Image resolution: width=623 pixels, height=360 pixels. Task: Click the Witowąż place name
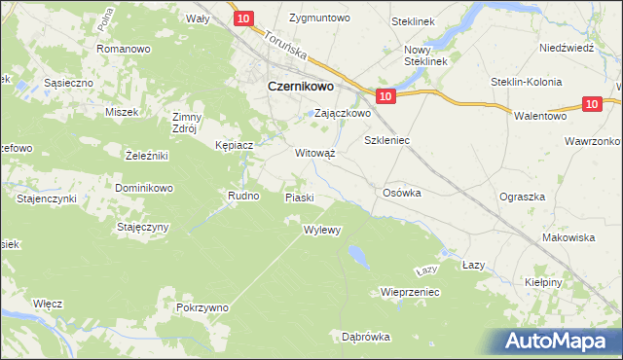click(x=315, y=154)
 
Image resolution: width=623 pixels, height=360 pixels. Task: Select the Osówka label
click(x=403, y=193)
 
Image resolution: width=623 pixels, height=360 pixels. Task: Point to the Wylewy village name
click(x=322, y=231)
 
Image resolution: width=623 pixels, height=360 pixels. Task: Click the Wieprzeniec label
click(x=411, y=291)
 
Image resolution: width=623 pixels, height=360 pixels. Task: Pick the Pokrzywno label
click(x=202, y=307)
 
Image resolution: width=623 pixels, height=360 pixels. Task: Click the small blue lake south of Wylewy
click(x=357, y=256)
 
